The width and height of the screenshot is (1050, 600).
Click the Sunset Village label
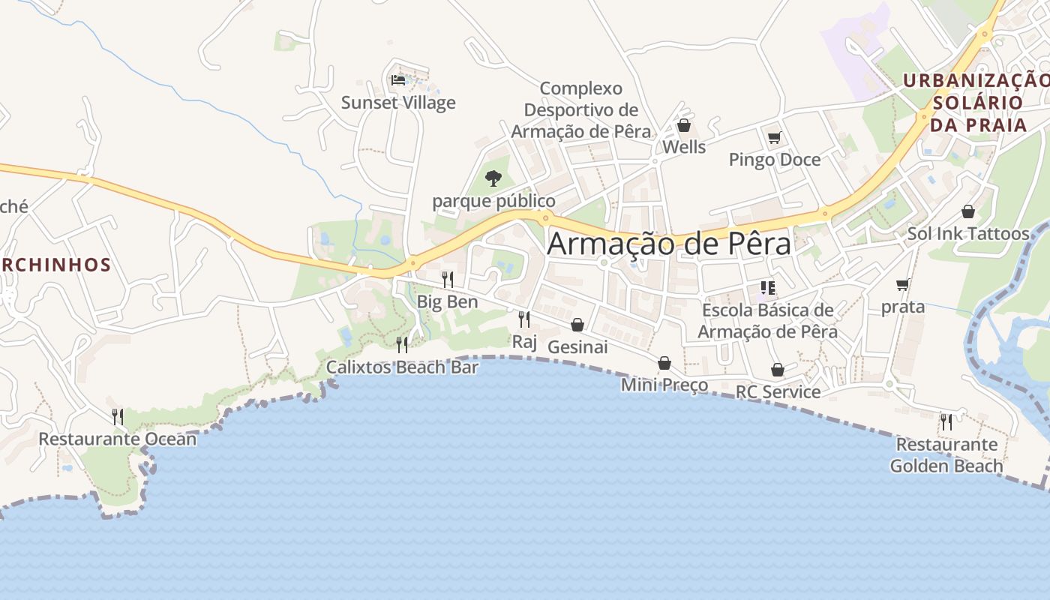click(398, 103)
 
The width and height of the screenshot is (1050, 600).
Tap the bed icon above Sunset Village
click(398, 79)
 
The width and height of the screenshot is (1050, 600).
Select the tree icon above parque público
click(493, 178)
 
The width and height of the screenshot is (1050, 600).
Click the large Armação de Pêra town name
click(669, 244)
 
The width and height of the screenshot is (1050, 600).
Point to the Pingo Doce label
click(775, 160)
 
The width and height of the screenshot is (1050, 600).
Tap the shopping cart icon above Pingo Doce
click(775, 137)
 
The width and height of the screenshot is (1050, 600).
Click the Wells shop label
click(684, 147)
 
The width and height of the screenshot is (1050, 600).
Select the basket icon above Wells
click(683, 125)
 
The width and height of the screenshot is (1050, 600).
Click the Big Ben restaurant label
click(447, 302)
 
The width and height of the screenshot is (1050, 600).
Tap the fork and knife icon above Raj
click(524, 319)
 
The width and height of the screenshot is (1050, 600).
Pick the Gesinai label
click(577, 347)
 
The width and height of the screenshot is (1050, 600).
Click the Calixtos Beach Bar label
click(402, 367)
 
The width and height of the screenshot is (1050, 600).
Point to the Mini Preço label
click(664, 385)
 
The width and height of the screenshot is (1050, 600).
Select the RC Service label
click(778, 392)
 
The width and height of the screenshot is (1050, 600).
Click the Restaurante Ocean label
click(118, 439)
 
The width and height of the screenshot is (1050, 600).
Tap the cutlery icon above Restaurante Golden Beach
click(946, 421)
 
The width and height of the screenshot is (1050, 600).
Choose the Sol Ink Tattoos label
click(968, 233)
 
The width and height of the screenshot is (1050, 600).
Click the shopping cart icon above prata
click(903, 285)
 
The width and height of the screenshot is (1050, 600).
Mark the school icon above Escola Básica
click(767, 288)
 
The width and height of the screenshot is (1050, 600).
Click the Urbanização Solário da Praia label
click(977, 102)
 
